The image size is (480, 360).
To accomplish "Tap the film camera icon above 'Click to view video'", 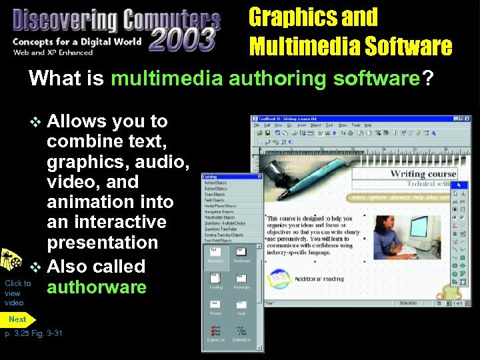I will pyautogui.click(x=9, y=261).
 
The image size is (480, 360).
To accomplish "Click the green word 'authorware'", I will pyautogui.click(x=96, y=287).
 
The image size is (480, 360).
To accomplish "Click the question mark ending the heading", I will pyautogui.click(x=426, y=79).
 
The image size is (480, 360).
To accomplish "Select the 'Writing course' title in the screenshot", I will pyautogui.click(x=423, y=173).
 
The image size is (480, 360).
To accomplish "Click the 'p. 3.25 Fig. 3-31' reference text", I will pyautogui.click(x=33, y=333).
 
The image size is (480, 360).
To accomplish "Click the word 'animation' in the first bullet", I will pyautogui.click(x=110, y=202).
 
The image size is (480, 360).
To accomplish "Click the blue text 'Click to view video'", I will pyautogui.click(x=17, y=293).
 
